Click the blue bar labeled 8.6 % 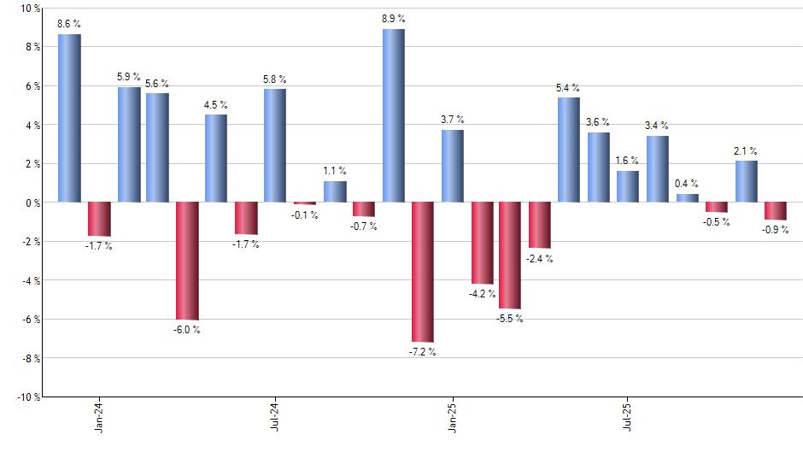[x=69, y=118]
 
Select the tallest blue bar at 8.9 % [x=394, y=115]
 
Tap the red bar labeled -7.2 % [x=423, y=272]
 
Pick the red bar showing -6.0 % [x=187, y=261]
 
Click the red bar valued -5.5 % [x=510, y=256]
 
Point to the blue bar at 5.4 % [x=569, y=150]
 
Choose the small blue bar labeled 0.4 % [x=687, y=198]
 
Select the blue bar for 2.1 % [x=746, y=181]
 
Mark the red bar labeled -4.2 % [x=482, y=243]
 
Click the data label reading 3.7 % [x=453, y=120]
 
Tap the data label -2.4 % [x=539, y=259]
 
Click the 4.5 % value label [x=216, y=105]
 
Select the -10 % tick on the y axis [x=27, y=397]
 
